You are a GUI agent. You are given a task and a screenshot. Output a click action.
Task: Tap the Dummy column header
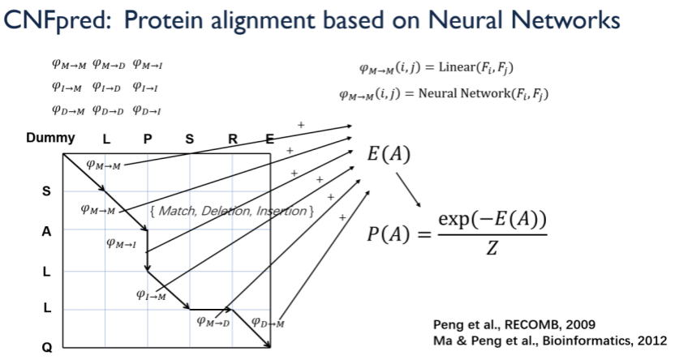click(x=50, y=138)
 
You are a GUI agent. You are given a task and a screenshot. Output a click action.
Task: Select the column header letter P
click(x=147, y=139)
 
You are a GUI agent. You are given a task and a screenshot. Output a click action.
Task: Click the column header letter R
click(x=233, y=139)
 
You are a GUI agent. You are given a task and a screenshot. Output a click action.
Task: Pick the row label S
click(x=46, y=192)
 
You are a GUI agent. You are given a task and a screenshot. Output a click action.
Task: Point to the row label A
click(x=46, y=231)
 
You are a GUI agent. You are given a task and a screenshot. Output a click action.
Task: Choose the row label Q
click(x=46, y=347)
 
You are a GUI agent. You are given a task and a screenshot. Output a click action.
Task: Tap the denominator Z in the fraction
click(x=492, y=249)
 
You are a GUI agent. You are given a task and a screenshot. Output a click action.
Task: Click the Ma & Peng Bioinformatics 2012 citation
click(x=549, y=339)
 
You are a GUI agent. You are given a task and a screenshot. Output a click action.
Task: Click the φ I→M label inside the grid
click(x=152, y=294)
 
